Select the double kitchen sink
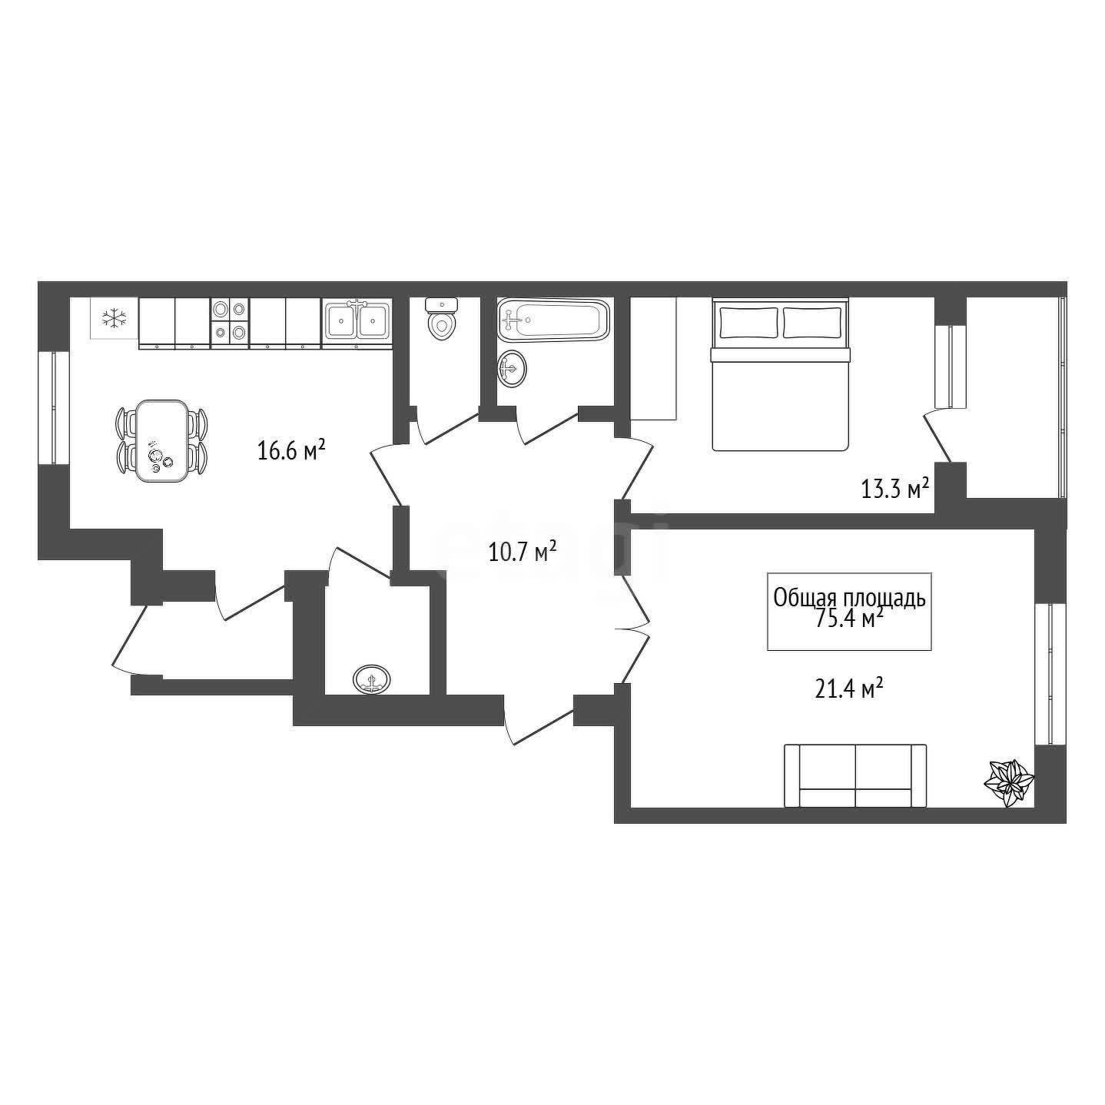pyautogui.click(x=357, y=322)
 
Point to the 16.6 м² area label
pyautogui.click(x=291, y=450)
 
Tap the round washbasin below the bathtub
pyautogui.click(x=512, y=368)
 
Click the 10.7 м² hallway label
pyautogui.click(x=522, y=553)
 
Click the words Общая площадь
pyautogui.click(x=849, y=598)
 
